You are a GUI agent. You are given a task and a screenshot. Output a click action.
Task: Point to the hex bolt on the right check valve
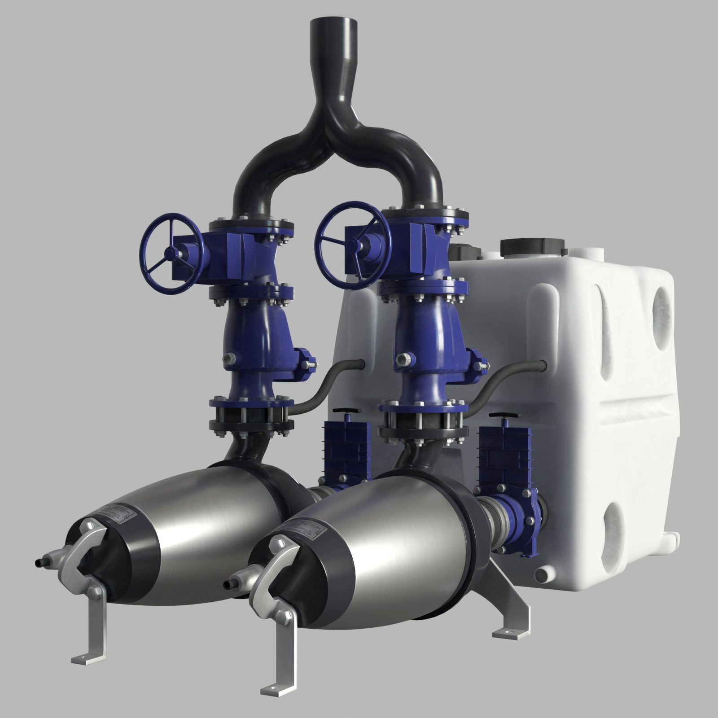pyautogui.click(x=402, y=358)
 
